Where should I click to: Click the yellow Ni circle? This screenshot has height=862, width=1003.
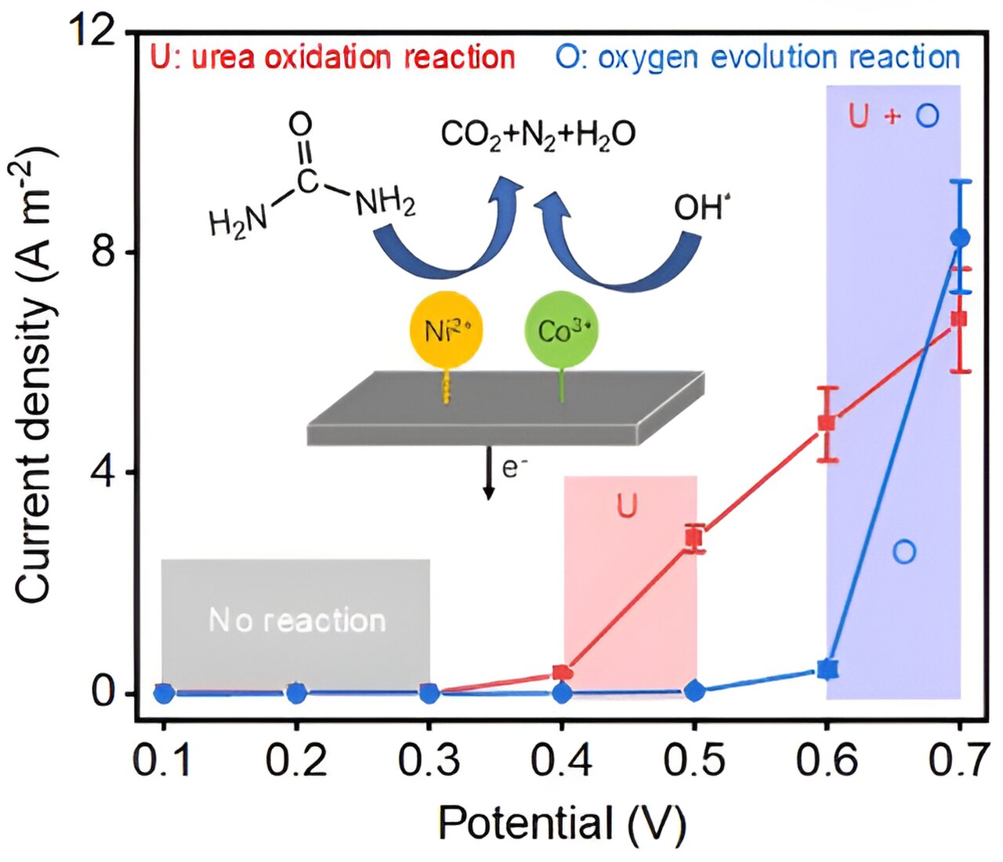click(446, 330)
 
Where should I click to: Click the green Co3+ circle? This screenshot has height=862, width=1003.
click(562, 330)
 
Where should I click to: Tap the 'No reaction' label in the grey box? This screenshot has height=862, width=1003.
click(297, 621)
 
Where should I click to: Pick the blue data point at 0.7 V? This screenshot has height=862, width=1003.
click(960, 237)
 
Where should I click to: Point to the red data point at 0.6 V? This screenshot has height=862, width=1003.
click(827, 423)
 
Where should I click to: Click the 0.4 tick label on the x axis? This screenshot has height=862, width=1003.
click(562, 760)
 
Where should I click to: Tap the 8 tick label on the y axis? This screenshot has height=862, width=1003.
click(107, 253)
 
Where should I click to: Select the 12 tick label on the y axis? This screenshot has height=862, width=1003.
click(97, 32)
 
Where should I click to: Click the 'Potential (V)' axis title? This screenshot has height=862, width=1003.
click(562, 824)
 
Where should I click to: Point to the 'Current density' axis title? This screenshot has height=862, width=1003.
click(35, 376)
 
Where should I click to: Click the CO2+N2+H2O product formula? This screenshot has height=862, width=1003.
click(538, 134)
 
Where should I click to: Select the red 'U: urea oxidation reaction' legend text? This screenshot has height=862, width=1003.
click(332, 58)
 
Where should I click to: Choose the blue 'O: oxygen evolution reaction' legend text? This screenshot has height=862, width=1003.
click(757, 58)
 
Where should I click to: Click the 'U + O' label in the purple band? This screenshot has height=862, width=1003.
click(893, 116)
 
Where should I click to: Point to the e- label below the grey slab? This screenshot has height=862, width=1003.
click(514, 468)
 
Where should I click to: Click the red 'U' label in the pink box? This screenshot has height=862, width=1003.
click(627, 507)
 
